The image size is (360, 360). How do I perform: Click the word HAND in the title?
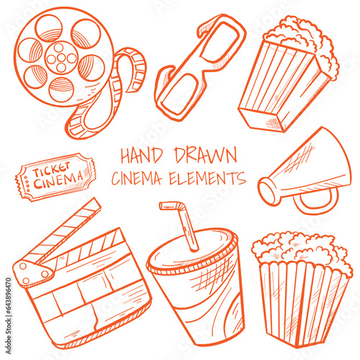pyautogui.click(x=141, y=156)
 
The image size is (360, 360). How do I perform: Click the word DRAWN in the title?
pyautogui.click(x=206, y=155)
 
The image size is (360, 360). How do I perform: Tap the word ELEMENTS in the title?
pyautogui.click(x=207, y=178)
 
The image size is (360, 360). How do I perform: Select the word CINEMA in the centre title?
pyautogui.click(x=137, y=179)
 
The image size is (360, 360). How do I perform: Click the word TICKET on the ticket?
pyautogui.click(x=51, y=168)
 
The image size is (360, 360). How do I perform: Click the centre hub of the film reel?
pyautogui.click(x=61, y=58)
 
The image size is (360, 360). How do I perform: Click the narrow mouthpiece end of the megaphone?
pyautogui.click(x=269, y=192)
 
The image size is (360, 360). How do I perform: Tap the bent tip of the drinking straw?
pyautogui.click(x=171, y=204)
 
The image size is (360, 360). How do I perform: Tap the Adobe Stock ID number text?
pyautogui.click(x=9, y=315)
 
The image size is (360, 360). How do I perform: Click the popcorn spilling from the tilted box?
pyautogui.click(x=305, y=42)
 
